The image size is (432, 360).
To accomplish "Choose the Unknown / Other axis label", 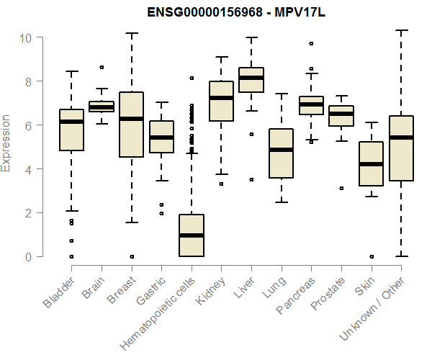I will (x=381, y=305).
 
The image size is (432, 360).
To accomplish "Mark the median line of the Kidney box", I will (x=221, y=98).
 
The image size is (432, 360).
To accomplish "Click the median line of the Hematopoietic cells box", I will (x=191, y=235).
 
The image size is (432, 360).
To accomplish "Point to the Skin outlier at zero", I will (x=371, y=256).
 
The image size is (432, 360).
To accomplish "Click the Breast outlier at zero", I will (x=131, y=256).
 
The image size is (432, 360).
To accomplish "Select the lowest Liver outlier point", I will (x=251, y=179).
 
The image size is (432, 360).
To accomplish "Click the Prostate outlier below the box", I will (x=341, y=188).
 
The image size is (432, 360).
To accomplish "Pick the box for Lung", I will (x=281, y=153).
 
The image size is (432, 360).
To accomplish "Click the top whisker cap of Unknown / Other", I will (x=401, y=30).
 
